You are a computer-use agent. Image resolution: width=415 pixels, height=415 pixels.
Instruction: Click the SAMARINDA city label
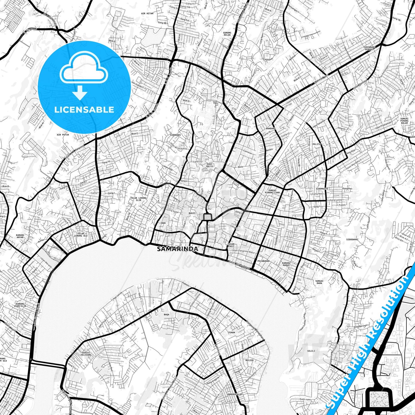click(x=177, y=249)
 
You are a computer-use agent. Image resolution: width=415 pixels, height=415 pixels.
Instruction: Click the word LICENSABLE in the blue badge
click(x=84, y=109)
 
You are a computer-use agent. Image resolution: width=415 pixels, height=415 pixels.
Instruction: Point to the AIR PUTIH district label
click(x=63, y=134)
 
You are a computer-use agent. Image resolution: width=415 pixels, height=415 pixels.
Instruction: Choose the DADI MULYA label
click(x=210, y=165)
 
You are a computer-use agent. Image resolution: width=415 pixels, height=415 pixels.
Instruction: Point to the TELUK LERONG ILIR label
click(x=138, y=199)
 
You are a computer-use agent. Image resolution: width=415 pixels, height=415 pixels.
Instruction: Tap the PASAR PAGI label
click(x=231, y=245)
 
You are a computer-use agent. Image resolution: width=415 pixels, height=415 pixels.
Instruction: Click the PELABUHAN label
click(x=263, y=261)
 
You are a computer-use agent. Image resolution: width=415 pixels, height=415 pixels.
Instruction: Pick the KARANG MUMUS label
click(x=286, y=264)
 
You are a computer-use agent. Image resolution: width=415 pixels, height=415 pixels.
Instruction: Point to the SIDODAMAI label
click(x=352, y=239)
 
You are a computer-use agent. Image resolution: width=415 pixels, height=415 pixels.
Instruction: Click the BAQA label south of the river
click(x=167, y=314)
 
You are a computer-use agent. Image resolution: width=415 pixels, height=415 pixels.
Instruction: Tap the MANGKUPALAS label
click(x=234, y=394)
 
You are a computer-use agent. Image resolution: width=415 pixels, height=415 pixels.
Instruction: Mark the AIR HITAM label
click(x=147, y=13)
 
